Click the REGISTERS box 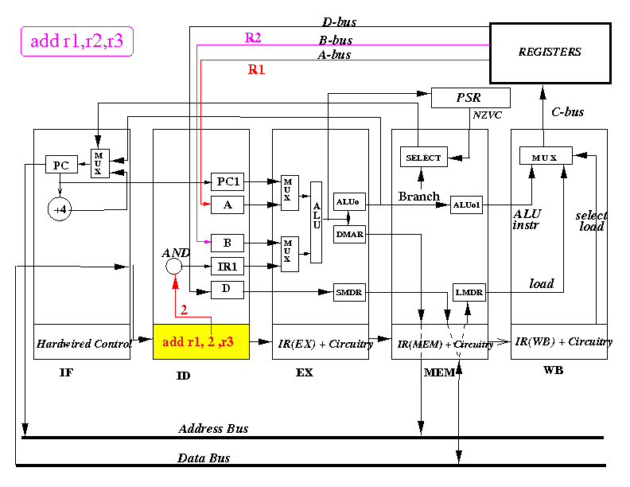pos(550,53)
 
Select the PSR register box pos(470,98)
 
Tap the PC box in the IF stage pos(61,165)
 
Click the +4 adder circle pos(60,209)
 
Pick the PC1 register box pos(227,182)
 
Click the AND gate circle pos(174,266)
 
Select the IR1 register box pos(227,266)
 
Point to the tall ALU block pos(317,222)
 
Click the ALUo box pos(349,201)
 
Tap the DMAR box pos(349,234)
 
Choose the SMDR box pos(349,292)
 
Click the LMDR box pos(469,292)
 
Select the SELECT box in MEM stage pos(423,157)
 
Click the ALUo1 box pos(466,205)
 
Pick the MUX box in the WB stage pos(546,155)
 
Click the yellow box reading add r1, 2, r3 pos(201,341)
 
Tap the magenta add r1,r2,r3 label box pos(76,41)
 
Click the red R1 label pos(256,69)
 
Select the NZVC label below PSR pos(487,115)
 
